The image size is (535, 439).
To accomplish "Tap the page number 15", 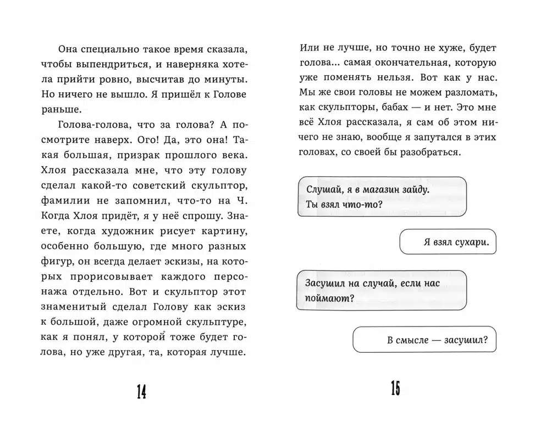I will (x=394, y=390).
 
